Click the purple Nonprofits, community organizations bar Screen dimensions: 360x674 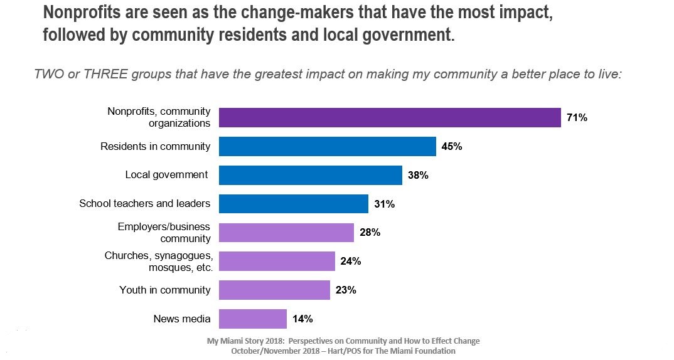(389, 118)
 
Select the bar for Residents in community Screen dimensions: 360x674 (327, 147)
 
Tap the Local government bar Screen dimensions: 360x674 (310, 175)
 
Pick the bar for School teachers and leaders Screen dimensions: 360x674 (293, 204)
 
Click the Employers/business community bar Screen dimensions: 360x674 (286, 233)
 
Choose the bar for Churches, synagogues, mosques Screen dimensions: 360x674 (277, 262)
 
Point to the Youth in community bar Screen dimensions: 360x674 (274, 290)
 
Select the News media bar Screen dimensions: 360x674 (252, 319)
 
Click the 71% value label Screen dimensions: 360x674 (577, 117)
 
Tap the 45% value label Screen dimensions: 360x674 (452, 147)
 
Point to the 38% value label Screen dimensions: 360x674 (418, 176)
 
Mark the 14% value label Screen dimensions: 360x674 (302, 319)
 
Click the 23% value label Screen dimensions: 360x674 (346, 290)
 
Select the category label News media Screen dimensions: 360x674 (182, 319)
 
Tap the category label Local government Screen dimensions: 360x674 (166, 175)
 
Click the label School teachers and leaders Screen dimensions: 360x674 (144, 204)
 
